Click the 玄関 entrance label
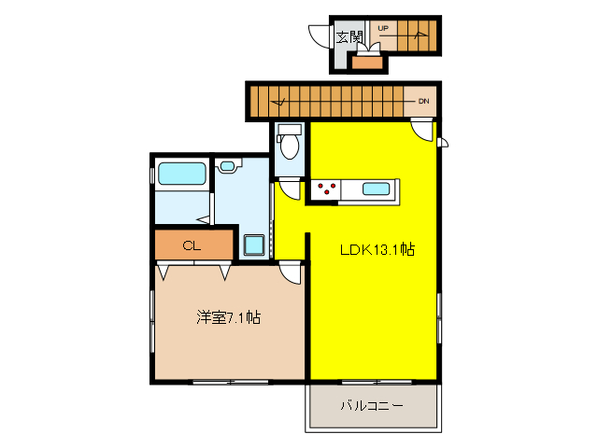[x=349, y=37]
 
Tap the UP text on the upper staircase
[x=383, y=29]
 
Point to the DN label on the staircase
[x=423, y=100]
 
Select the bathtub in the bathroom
[x=181, y=174]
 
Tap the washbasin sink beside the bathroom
[x=228, y=166]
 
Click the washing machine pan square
[x=254, y=245]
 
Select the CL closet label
[x=192, y=246]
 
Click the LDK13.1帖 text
[x=377, y=250]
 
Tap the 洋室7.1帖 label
[x=228, y=317]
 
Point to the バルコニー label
[x=371, y=407]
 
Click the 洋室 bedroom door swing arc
[x=291, y=273]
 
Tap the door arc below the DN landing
[x=422, y=132]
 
